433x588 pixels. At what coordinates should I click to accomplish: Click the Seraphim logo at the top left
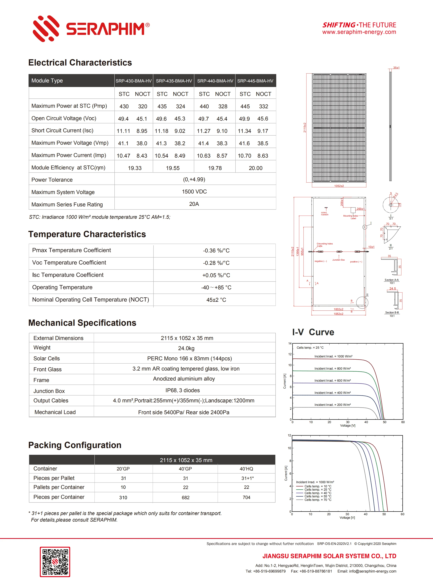click(x=90, y=28)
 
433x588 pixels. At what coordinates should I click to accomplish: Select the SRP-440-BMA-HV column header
click(x=215, y=81)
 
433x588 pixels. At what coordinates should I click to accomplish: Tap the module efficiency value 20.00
click(x=255, y=168)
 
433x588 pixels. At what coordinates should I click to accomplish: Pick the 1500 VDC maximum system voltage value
click(x=194, y=192)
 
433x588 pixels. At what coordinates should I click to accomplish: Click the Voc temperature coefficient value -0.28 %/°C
click(x=216, y=263)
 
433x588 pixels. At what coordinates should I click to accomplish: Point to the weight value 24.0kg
click(x=186, y=348)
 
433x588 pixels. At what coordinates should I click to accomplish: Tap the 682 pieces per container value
click(x=185, y=498)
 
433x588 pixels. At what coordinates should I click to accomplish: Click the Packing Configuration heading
click(x=75, y=445)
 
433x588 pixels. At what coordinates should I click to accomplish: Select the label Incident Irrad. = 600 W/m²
click(x=332, y=380)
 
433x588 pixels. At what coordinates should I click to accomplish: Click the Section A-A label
click(x=391, y=280)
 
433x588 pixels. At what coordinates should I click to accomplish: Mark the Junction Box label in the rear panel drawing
click(x=338, y=260)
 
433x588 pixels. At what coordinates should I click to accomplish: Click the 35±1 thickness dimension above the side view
click(x=396, y=68)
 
